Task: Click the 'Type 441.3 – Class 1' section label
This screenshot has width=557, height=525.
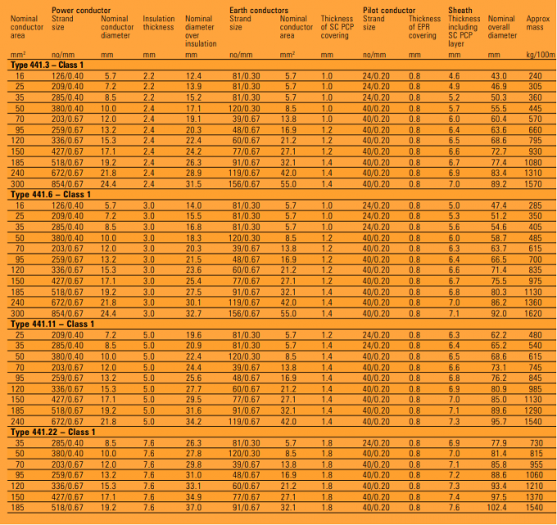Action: (x=51, y=66)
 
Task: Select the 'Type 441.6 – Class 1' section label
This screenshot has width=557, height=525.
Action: (x=51, y=194)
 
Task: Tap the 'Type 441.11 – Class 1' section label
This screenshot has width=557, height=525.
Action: (x=52, y=324)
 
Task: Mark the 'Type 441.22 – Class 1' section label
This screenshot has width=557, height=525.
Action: (x=52, y=432)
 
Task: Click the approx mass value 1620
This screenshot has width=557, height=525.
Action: (x=535, y=313)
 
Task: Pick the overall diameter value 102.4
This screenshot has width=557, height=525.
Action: (x=498, y=507)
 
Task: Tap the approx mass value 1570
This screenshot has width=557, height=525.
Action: (x=535, y=184)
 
